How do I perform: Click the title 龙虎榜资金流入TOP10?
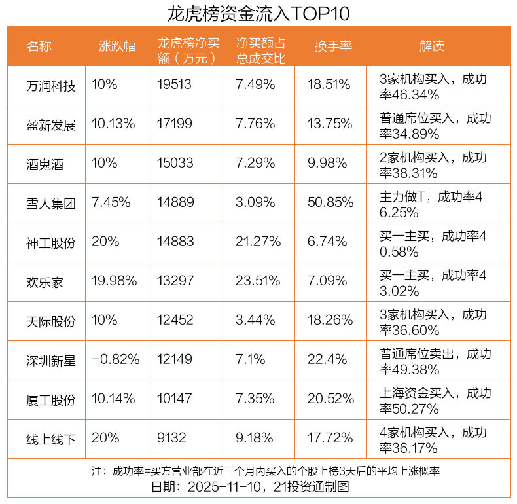tap(258, 13)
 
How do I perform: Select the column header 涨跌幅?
tap(117, 46)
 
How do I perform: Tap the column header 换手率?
tap(333, 46)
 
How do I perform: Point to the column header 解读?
tap(431, 46)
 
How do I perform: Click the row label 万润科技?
tap(51, 85)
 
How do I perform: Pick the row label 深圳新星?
tap(51, 360)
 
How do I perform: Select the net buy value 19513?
tap(175, 84)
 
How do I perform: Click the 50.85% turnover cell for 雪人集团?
tap(330, 202)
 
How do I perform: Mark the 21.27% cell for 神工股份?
tap(258, 242)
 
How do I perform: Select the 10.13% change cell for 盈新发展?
tap(113, 124)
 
